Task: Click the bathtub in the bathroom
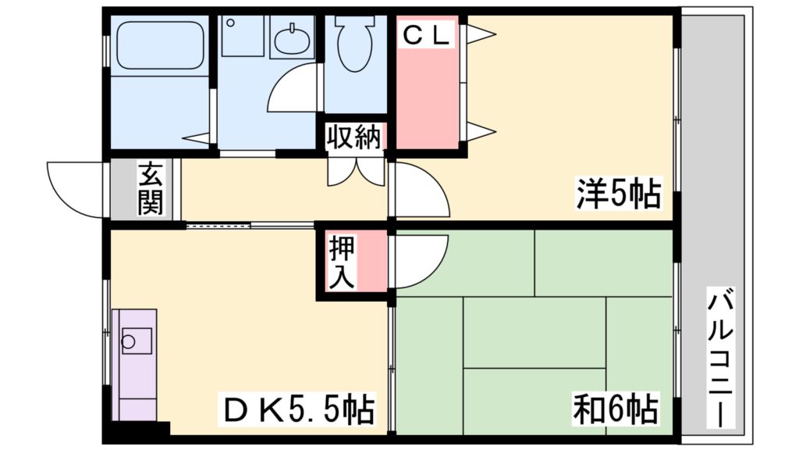point(159,47)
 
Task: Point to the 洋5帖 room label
point(618,195)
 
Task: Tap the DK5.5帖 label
point(300,409)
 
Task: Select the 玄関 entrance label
point(150,189)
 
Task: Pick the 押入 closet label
point(341,262)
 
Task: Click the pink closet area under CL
point(428,94)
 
